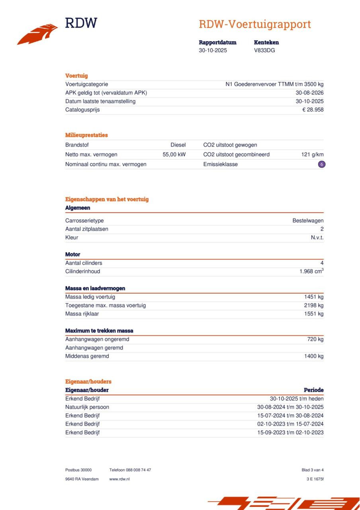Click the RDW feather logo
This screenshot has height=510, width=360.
click(x=37, y=34)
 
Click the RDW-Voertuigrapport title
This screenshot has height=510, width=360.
click(x=255, y=24)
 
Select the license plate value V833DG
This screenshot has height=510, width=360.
click(x=264, y=51)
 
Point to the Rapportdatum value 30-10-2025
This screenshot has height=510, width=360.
click(x=213, y=51)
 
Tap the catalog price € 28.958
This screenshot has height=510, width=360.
click(x=313, y=110)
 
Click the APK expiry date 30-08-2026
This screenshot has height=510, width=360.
click(x=309, y=93)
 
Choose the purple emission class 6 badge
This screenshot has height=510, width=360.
click(x=322, y=164)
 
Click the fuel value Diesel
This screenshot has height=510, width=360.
click(x=178, y=145)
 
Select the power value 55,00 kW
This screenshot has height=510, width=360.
click(x=174, y=155)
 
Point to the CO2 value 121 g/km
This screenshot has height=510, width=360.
click(x=312, y=155)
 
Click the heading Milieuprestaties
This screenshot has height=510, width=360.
click(x=86, y=135)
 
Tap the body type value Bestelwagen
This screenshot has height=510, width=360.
click(x=308, y=221)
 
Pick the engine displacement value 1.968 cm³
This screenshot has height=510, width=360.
click(x=311, y=271)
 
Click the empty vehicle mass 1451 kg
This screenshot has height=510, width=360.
click(x=314, y=297)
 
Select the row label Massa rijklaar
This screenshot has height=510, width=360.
click(x=82, y=314)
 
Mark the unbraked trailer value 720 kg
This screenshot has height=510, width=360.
click(x=315, y=339)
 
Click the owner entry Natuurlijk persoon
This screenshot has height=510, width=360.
click(x=87, y=407)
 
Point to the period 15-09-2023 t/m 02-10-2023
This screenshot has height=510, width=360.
click(x=290, y=433)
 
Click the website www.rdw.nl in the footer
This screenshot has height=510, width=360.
click(x=119, y=479)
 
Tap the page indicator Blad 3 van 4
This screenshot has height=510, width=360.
click(x=313, y=470)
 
